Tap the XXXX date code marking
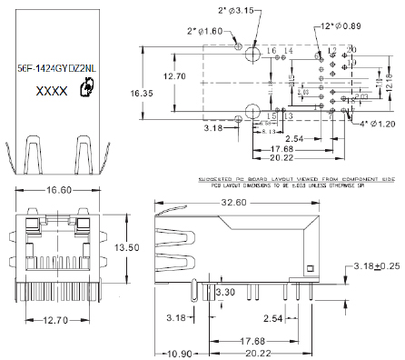50,91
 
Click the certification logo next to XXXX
86,87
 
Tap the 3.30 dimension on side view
224,293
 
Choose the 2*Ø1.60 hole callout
204,31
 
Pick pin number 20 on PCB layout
353,49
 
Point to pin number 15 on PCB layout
271,116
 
